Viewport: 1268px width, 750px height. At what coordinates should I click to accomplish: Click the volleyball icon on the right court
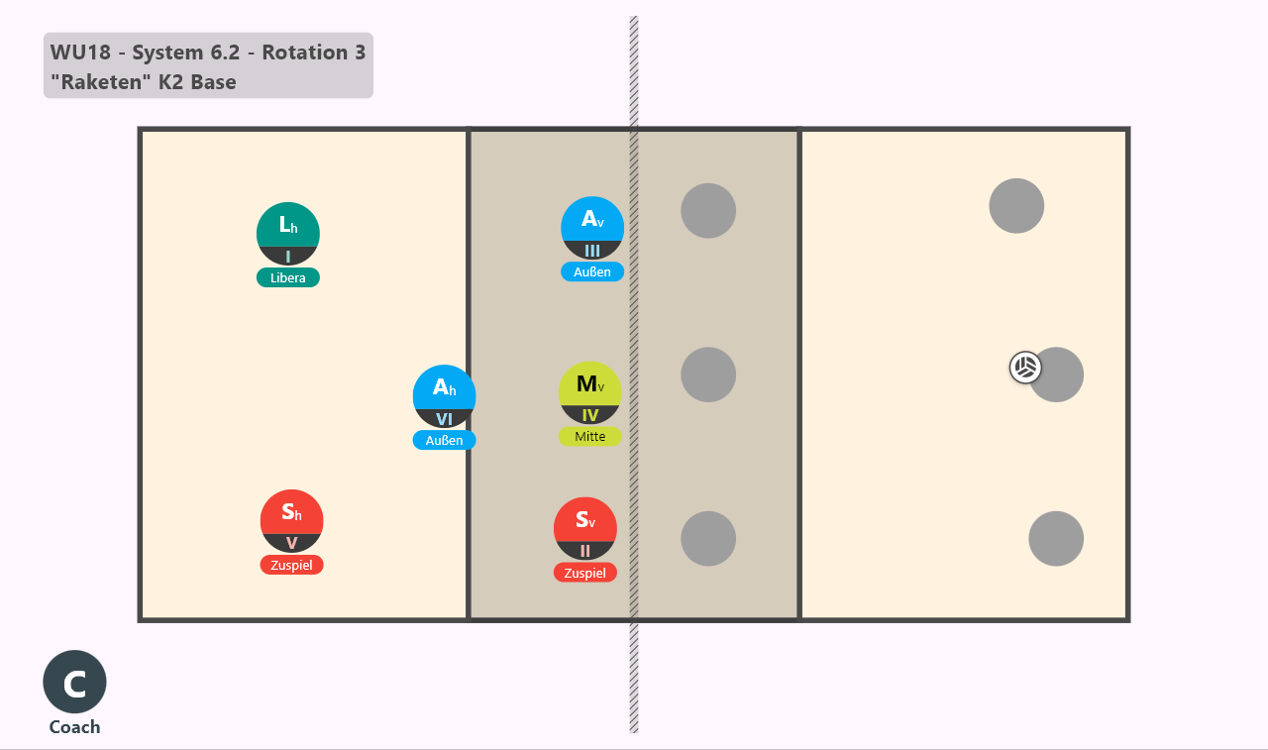[1025, 368]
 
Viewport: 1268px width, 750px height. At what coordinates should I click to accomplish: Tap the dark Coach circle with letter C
[74, 682]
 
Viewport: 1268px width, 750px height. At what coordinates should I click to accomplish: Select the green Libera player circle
[288, 233]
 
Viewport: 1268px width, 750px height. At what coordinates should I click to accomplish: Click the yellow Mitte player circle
[589, 392]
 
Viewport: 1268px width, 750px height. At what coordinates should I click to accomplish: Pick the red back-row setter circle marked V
[291, 521]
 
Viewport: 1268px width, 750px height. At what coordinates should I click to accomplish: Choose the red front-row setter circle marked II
[585, 529]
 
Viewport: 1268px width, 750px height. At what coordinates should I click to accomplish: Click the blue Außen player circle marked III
[592, 228]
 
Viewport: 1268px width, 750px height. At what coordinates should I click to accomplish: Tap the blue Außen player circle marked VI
[445, 396]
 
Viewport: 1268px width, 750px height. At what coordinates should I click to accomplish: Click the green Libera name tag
[288, 278]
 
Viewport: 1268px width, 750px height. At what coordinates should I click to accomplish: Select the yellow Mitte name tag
[589, 436]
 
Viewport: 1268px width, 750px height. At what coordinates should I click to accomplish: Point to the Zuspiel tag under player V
[291, 565]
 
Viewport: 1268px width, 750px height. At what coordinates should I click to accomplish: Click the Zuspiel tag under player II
[585, 573]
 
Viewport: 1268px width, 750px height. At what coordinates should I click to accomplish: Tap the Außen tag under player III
[592, 271]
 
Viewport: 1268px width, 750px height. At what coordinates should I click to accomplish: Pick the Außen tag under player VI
[445, 440]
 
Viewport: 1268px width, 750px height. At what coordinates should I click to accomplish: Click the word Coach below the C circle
[74, 727]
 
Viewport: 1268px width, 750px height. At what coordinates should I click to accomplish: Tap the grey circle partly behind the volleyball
[1057, 375]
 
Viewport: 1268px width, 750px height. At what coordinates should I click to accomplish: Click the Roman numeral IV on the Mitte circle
[589, 415]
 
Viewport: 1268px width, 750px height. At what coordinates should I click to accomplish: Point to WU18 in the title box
[80, 53]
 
